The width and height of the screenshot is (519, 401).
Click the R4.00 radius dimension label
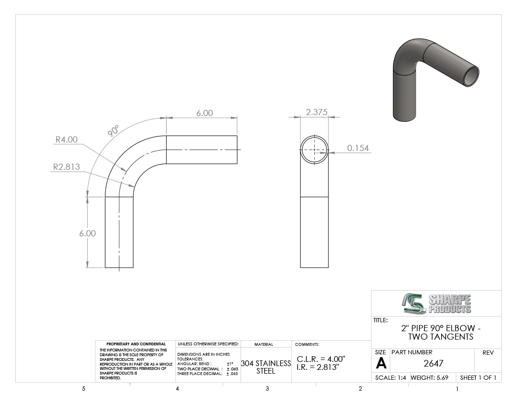[x=66, y=140]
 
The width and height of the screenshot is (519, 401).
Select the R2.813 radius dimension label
[x=67, y=167]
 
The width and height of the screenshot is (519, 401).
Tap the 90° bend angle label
[x=113, y=131]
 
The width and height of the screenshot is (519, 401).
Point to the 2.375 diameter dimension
[x=317, y=112]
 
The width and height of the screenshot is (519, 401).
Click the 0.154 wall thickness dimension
[x=358, y=148]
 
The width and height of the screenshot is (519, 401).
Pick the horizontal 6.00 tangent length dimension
[x=205, y=113]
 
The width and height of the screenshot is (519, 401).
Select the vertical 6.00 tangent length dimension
[x=87, y=233]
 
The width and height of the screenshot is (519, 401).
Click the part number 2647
[x=433, y=363]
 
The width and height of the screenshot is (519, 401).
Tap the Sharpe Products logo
[x=436, y=303]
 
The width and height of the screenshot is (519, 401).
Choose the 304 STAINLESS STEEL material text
[x=266, y=367]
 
